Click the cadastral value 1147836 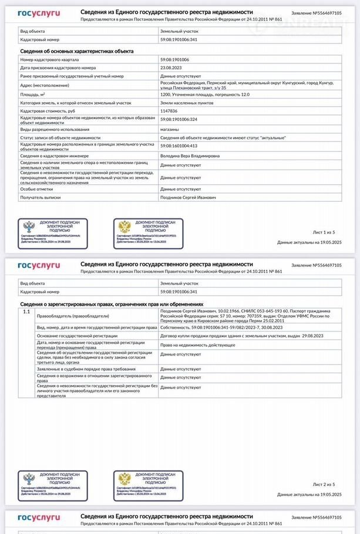pos(169,110)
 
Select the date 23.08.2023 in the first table pos(171,68)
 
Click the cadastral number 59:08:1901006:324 pos(179,119)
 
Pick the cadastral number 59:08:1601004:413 pos(179,146)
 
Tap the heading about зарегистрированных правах pos(112,304)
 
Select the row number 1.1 pos(26,312)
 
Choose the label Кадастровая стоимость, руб pos(48,110)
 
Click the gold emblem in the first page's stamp pos(124,227)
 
